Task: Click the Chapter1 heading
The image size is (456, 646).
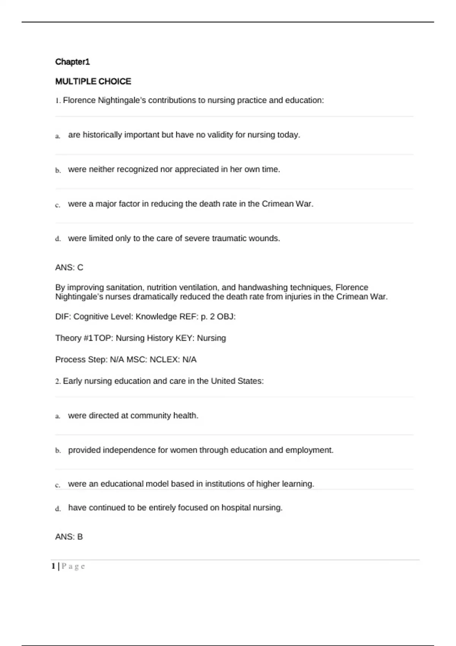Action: (x=72, y=62)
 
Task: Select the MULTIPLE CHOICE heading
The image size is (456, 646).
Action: (x=93, y=81)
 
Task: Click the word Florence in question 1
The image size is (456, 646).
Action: (x=79, y=100)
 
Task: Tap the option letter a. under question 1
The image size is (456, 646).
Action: (x=58, y=136)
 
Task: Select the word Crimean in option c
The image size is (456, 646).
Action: (x=277, y=204)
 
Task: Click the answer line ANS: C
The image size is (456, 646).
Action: (x=69, y=268)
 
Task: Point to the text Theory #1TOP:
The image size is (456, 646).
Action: (x=83, y=338)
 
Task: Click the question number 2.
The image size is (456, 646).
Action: (x=58, y=382)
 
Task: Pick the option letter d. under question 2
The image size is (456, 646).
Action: (x=58, y=509)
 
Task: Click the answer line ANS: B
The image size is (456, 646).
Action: (x=69, y=537)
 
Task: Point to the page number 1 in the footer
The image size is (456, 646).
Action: (x=54, y=567)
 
